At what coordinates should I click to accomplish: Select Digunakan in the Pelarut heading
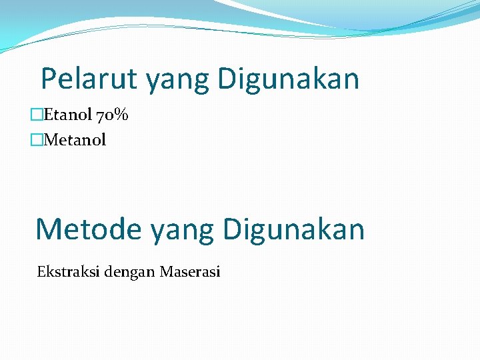[287, 79]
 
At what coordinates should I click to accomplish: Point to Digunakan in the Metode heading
[294, 229]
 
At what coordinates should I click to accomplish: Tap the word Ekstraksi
[64, 271]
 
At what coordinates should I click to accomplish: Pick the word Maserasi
[190, 271]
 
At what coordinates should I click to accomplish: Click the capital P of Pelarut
[49, 79]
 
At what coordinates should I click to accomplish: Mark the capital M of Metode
[48, 229]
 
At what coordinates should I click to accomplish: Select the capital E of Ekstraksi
[41, 271]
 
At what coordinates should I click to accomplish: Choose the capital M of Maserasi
[166, 271]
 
